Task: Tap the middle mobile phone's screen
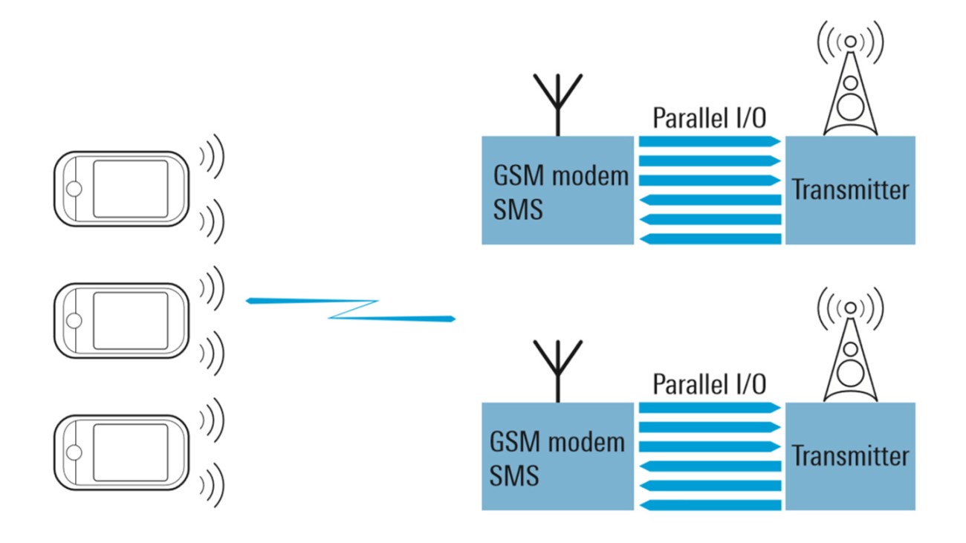pos(130,319)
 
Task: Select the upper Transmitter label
pos(850,190)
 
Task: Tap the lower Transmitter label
pos(850,455)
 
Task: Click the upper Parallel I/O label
pos(709,120)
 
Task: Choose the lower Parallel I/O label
pos(709,385)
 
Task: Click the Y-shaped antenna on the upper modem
pos(556,104)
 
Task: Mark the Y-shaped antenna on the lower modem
pos(556,369)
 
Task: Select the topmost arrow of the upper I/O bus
pos(709,140)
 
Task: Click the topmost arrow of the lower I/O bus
pos(709,406)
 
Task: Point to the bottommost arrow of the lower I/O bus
pos(709,505)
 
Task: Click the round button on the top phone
pos(73,189)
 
